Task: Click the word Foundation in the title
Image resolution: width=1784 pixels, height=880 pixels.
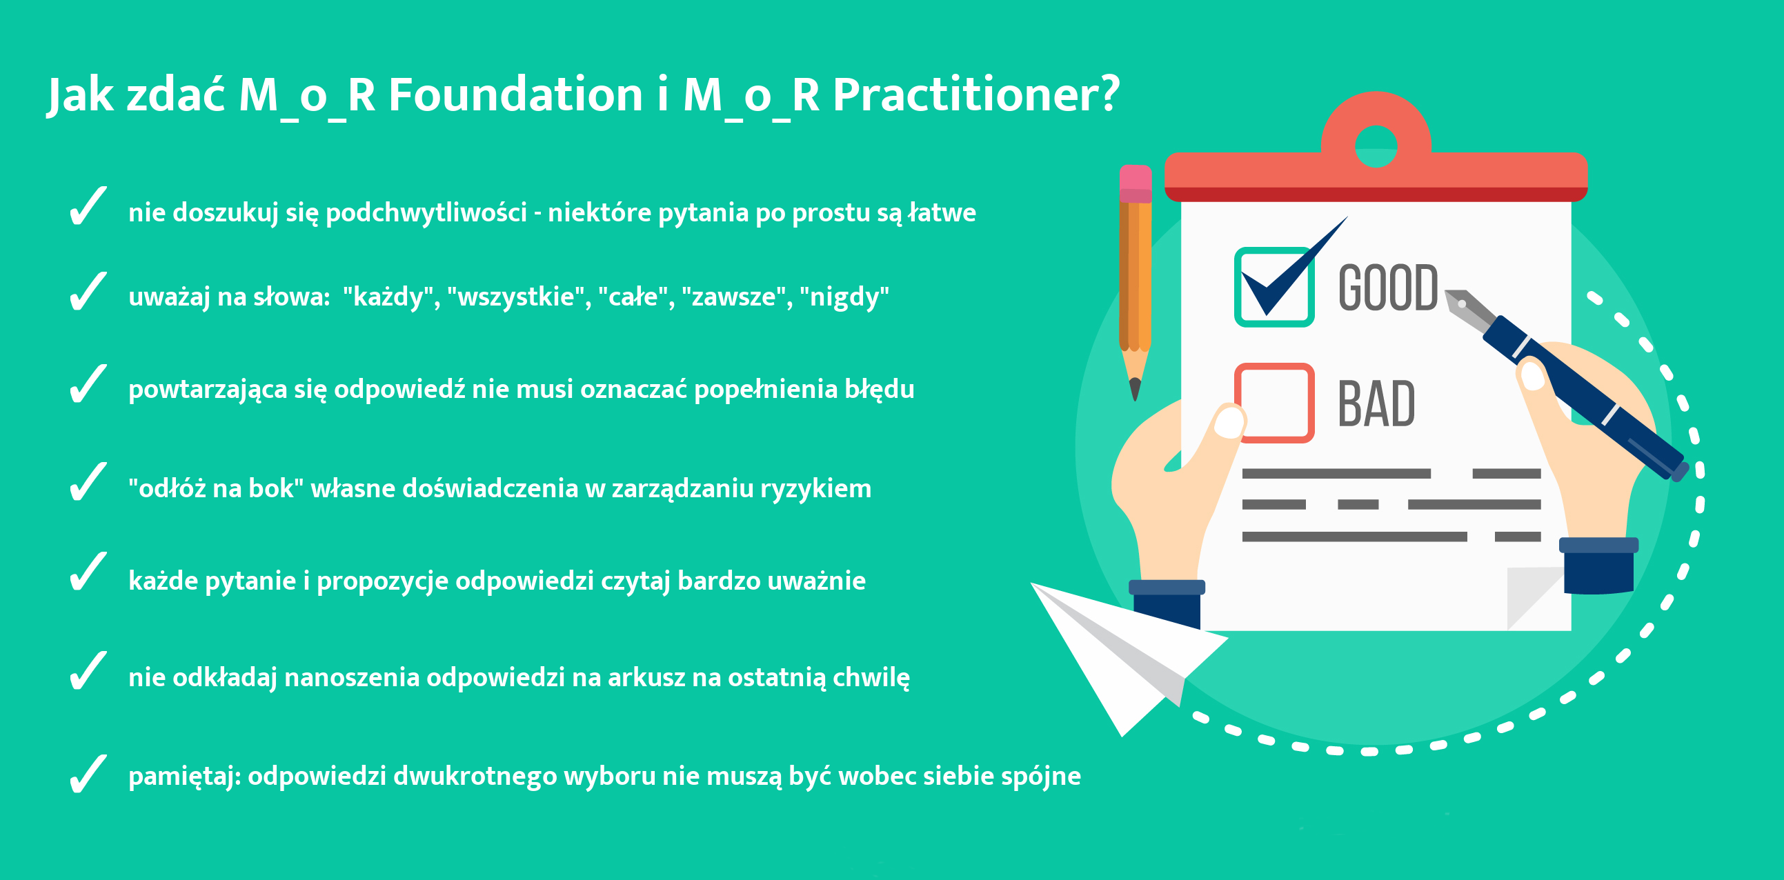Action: tap(515, 94)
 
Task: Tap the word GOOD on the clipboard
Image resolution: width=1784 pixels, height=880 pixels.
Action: tap(1388, 288)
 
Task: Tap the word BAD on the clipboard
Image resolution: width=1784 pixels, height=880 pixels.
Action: tap(1376, 403)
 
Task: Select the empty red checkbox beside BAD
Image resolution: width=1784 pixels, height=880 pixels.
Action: tap(1274, 402)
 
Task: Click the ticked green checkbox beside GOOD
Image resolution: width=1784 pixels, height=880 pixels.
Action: tap(1274, 287)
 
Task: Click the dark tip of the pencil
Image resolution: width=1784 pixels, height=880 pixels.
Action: tap(1135, 389)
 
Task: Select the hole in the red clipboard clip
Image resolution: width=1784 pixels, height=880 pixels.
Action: tap(1376, 146)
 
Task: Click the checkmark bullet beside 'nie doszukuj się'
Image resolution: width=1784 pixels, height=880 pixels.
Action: tap(88, 206)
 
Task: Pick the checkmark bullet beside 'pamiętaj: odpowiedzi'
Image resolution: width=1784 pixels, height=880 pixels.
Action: tap(88, 773)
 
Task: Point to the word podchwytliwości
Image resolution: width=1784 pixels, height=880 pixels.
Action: tap(426, 212)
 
